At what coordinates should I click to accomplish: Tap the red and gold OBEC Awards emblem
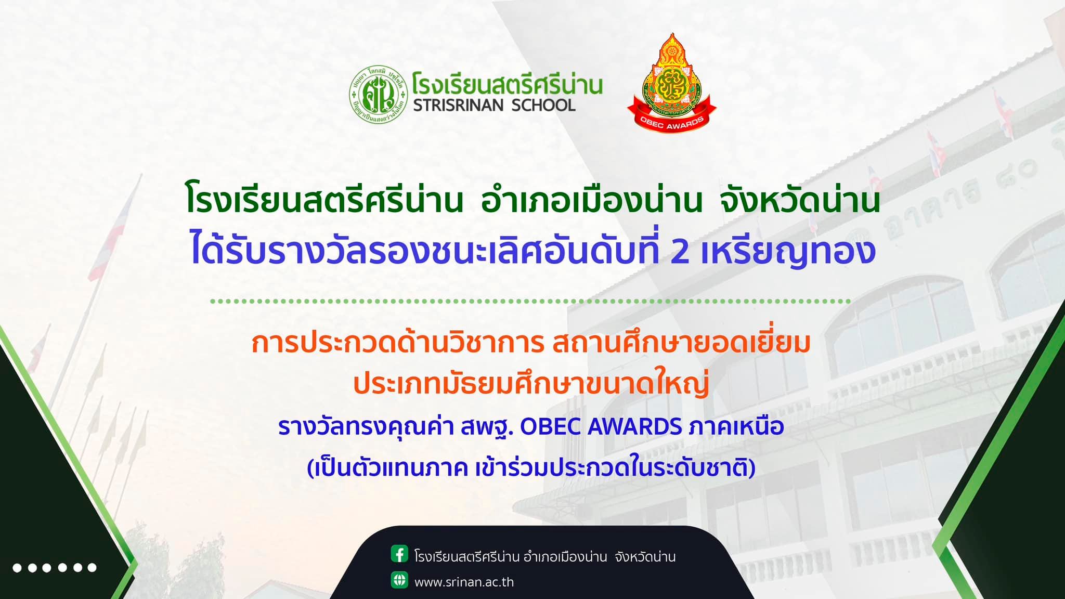[x=672, y=83]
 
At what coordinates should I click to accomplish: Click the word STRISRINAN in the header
[x=458, y=106]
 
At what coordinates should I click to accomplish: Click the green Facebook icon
[x=399, y=554]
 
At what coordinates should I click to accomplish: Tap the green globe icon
[x=399, y=580]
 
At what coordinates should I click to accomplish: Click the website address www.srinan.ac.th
[x=464, y=582]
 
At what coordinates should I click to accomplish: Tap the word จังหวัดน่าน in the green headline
[x=800, y=202]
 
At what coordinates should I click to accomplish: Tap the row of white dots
[x=55, y=567]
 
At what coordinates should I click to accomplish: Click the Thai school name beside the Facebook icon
[x=545, y=556]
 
